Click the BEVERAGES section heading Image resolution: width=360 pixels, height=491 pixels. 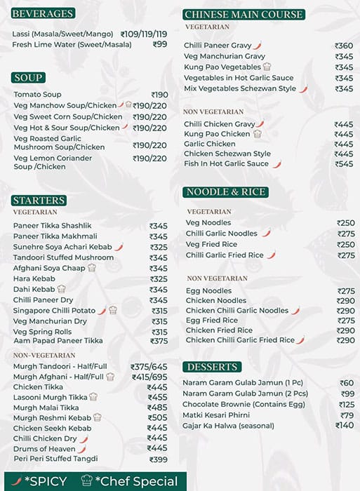point(43,13)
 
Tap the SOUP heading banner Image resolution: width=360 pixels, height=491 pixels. point(28,77)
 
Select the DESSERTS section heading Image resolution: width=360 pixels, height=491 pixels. point(211,367)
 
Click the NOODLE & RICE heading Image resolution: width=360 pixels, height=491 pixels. point(226,191)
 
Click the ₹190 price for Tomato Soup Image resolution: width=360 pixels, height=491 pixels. point(159,95)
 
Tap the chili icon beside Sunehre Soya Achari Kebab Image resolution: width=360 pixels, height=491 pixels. point(119,247)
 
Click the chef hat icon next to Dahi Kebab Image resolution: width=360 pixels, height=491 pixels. point(62,289)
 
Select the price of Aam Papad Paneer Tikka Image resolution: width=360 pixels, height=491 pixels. point(159,341)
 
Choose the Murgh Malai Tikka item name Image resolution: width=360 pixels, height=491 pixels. point(46,408)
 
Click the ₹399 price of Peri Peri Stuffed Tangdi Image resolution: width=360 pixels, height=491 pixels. point(159,459)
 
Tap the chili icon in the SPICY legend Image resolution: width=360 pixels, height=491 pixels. point(16,481)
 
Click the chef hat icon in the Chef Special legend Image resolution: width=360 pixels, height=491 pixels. point(86,481)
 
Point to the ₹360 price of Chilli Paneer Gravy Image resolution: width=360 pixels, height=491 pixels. point(344,46)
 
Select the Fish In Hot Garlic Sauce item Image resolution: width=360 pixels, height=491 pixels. point(226,164)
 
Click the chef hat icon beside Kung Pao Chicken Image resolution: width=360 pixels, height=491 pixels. point(258,133)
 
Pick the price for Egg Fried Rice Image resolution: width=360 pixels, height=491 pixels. point(345,320)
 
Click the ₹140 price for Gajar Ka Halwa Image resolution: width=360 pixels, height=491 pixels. point(345,425)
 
